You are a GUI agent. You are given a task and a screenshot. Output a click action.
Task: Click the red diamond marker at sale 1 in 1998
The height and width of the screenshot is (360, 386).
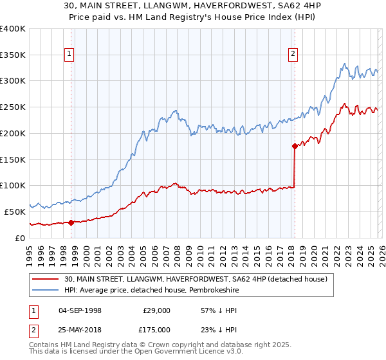[x=71, y=222]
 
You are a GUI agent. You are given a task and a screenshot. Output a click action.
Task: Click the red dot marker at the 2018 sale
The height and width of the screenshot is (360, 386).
[x=295, y=146]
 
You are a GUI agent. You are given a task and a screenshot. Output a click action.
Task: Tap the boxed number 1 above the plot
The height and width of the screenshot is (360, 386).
[x=69, y=55]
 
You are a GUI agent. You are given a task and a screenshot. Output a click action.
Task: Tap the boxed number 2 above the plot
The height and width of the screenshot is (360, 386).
[x=293, y=55]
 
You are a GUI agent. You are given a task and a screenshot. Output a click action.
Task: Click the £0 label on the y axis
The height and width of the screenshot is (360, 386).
[x=19, y=238]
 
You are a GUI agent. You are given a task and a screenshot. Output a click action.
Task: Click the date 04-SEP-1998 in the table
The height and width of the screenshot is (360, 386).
[x=80, y=310]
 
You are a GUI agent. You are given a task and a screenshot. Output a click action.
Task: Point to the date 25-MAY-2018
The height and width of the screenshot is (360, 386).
[x=80, y=330]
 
